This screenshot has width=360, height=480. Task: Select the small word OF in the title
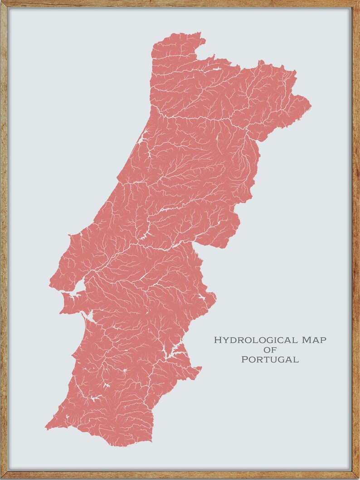(270, 349)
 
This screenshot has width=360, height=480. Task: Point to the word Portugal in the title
(270, 359)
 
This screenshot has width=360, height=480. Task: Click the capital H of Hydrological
(217, 340)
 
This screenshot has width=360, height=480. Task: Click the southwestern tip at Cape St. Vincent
(46, 427)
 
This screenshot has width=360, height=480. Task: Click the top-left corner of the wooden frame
(2, 2)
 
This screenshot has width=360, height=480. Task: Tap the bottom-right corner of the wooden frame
(358, 478)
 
